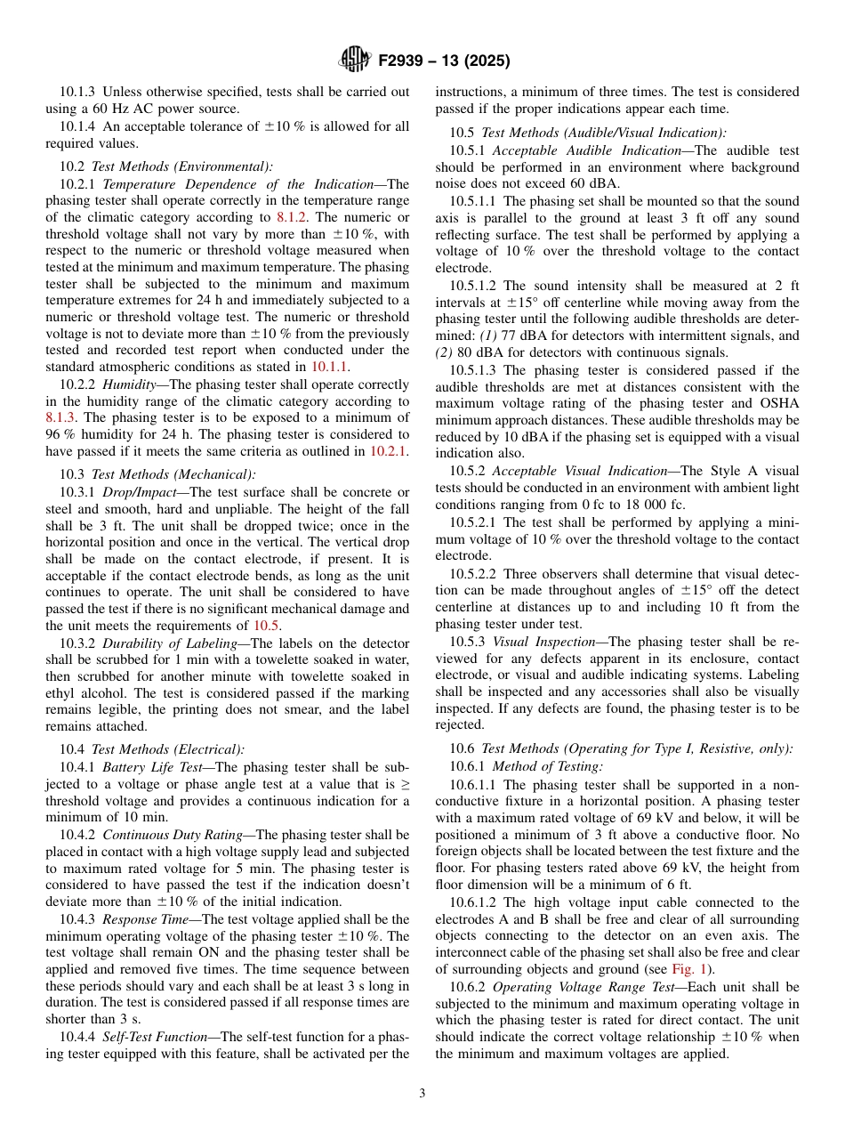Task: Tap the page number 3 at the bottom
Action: pos(422,1094)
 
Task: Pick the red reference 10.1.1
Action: pos(328,366)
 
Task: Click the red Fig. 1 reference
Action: pos(696,969)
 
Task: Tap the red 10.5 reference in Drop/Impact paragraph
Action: pos(267,626)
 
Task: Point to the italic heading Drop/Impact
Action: pos(133,492)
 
